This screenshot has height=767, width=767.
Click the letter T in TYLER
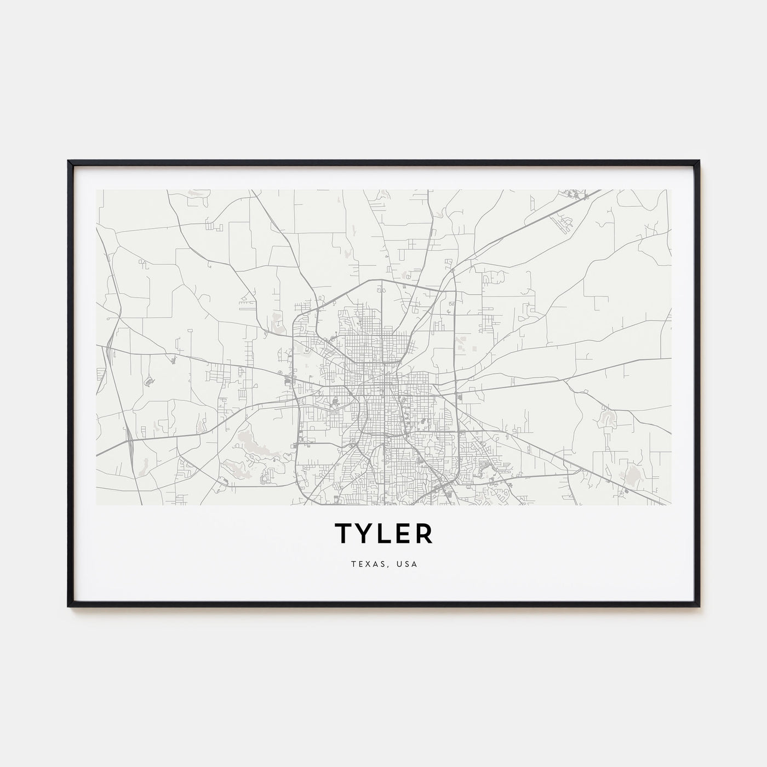(342, 533)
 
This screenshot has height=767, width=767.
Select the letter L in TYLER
(383, 533)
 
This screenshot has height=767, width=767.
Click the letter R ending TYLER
(423, 533)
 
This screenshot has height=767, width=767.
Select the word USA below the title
(408, 564)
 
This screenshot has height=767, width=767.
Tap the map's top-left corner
(96, 190)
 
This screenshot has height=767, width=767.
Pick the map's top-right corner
(671, 190)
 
